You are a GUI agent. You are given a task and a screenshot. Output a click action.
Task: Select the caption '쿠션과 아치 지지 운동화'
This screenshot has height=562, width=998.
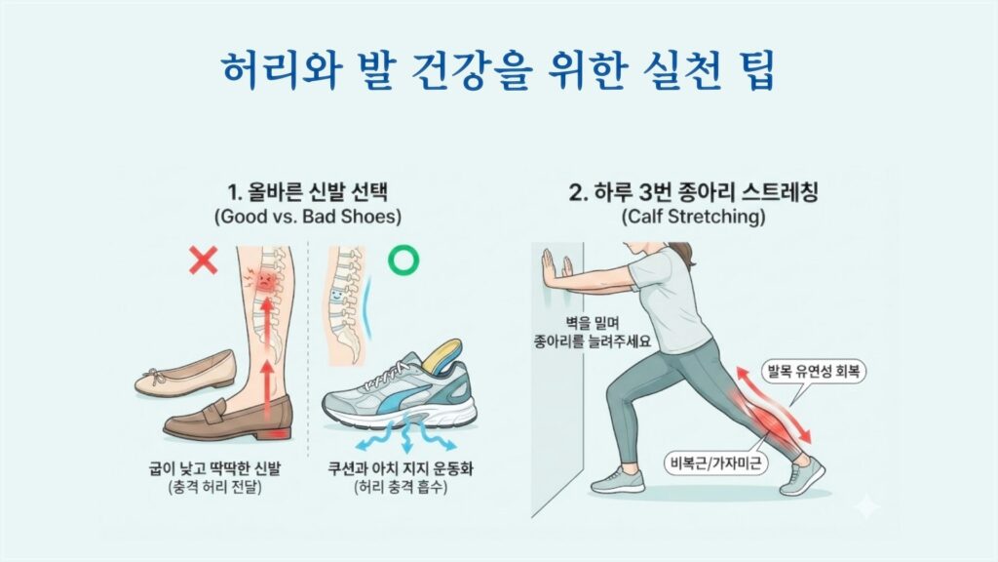(x=401, y=469)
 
